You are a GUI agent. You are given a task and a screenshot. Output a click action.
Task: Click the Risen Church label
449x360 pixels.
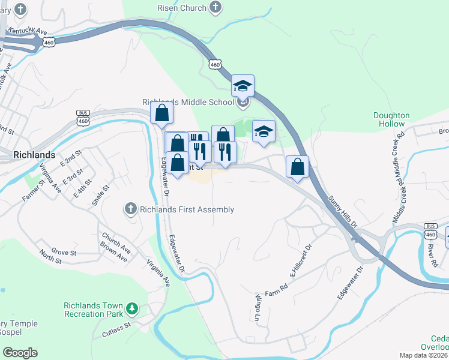point(181,8)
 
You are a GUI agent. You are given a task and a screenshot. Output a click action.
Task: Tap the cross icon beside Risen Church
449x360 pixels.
point(215,8)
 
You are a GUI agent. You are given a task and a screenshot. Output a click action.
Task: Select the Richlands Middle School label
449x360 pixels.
point(188,102)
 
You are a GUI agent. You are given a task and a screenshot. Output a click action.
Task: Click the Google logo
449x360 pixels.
point(20,353)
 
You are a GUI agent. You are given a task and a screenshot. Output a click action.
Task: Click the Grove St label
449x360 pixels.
point(63,252)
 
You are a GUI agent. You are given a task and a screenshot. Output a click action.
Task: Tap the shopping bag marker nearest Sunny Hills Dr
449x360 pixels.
point(297,167)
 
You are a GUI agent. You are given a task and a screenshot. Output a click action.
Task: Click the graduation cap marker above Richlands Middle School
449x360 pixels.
point(243,86)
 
